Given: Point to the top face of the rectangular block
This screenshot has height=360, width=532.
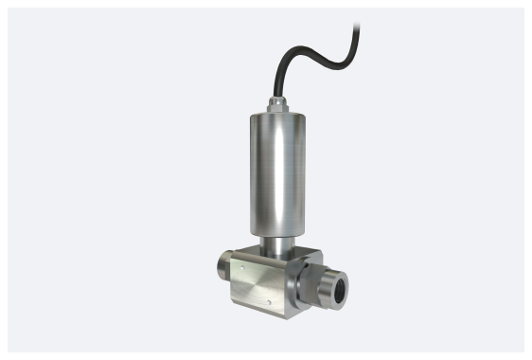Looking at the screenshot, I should coord(275,257).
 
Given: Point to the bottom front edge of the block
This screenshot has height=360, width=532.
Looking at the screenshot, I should coord(254,310).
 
